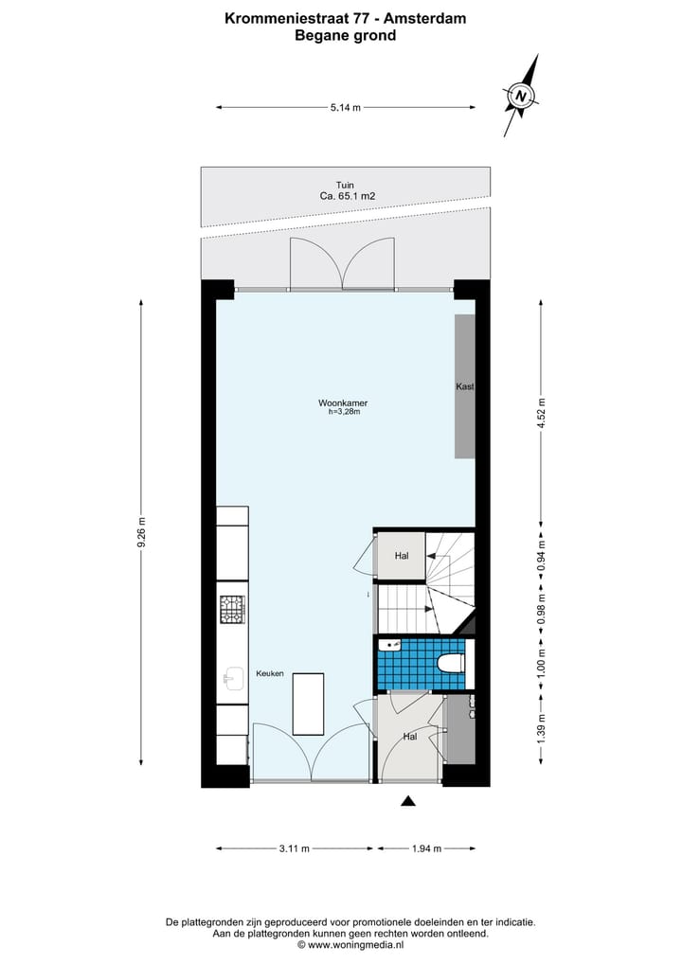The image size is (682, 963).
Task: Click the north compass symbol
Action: (x=521, y=95)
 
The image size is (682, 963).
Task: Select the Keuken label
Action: (x=270, y=673)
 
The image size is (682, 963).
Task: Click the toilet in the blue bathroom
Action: (x=452, y=662)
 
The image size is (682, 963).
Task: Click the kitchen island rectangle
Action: (x=308, y=704)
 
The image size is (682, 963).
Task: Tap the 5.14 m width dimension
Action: (x=346, y=108)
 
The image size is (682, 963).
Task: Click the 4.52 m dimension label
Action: (x=541, y=417)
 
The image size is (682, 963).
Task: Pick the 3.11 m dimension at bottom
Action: (x=294, y=848)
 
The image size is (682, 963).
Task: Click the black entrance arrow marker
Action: (x=407, y=801)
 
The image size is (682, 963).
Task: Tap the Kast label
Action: (x=464, y=387)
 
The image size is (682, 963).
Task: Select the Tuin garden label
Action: (x=345, y=185)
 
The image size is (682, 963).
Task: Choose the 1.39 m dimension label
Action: (x=541, y=730)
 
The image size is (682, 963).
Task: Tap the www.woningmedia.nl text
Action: (x=355, y=945)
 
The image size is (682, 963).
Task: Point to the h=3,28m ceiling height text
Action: (x=344, y=412)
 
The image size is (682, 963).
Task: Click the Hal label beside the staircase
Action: (x=402, y=556)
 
